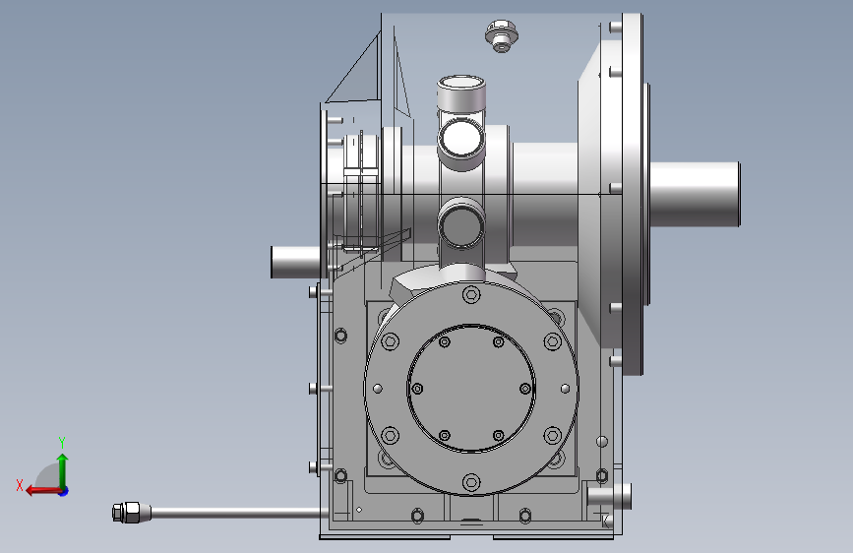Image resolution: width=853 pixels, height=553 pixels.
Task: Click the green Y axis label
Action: [62, 442]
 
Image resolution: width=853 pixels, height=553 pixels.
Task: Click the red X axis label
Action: [20, 485]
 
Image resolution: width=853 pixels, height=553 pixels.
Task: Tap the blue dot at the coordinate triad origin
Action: [64, 491]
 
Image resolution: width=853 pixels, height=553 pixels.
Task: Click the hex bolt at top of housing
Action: [501, 35]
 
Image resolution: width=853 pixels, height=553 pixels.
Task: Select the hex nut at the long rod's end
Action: [126, 513]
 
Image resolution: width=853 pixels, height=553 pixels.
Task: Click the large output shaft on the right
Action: [695, 194]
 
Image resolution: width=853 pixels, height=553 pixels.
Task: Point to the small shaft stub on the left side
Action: [296, 262]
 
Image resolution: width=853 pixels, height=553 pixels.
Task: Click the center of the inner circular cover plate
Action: [471, 388]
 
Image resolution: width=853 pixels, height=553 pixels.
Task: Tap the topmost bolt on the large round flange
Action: [471, 295]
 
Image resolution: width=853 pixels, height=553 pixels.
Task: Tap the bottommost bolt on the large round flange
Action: [471, 482]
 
